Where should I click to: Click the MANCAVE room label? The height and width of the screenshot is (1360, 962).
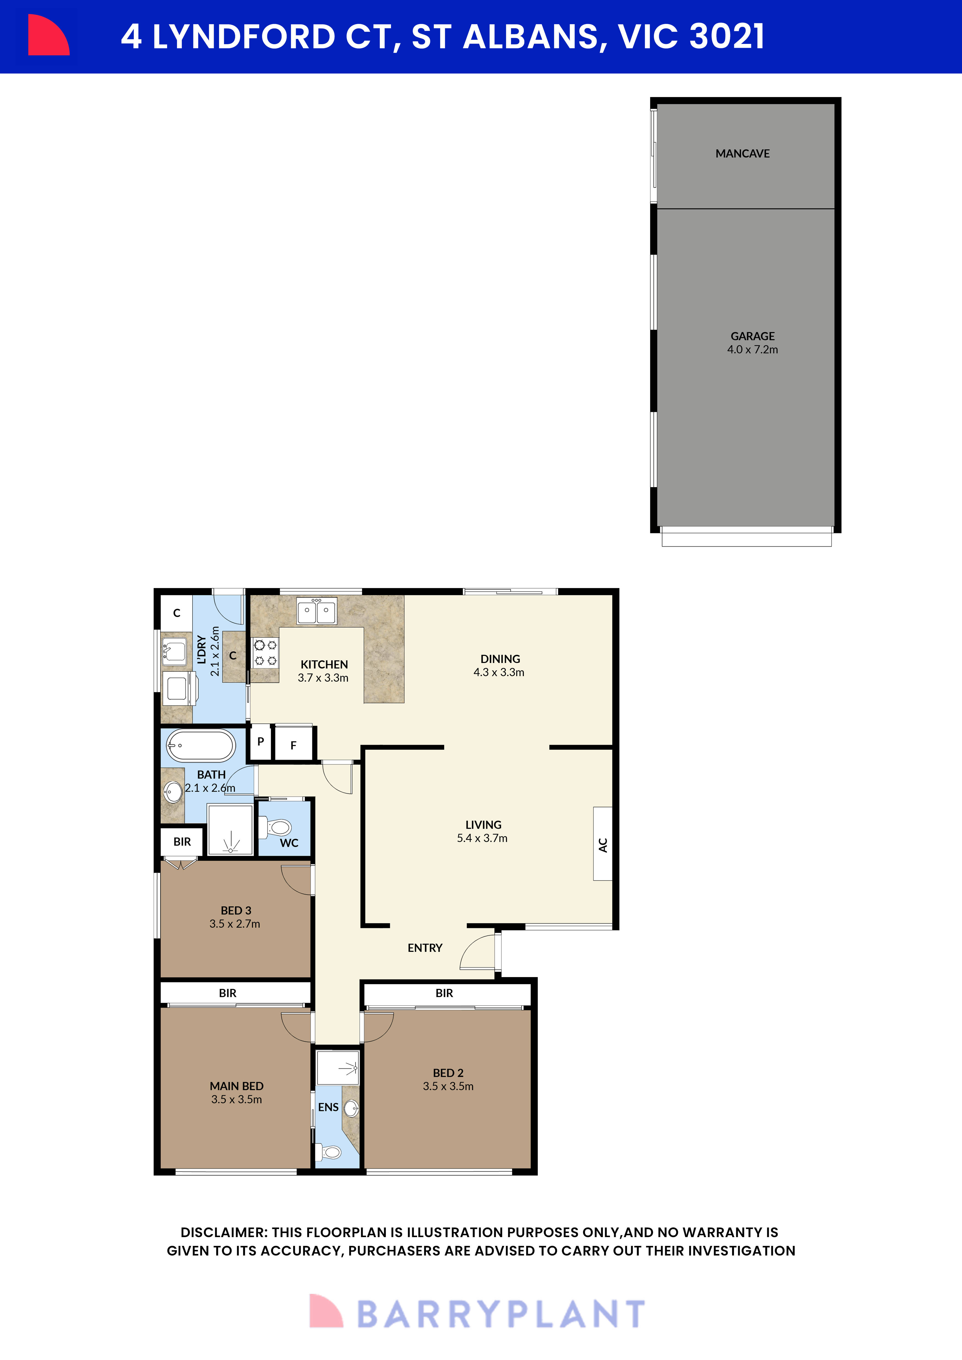742,153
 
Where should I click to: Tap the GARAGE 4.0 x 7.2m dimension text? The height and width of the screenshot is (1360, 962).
752,349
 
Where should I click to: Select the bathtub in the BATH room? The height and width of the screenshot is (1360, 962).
200,745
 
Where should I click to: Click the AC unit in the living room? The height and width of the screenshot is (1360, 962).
603,844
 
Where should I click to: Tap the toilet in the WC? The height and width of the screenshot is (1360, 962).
277,826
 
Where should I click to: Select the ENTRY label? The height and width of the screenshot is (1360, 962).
425,948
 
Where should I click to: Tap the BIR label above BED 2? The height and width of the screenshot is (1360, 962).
444,993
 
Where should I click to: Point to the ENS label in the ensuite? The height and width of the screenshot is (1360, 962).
328,1107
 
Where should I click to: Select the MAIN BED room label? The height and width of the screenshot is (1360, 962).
236,1086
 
